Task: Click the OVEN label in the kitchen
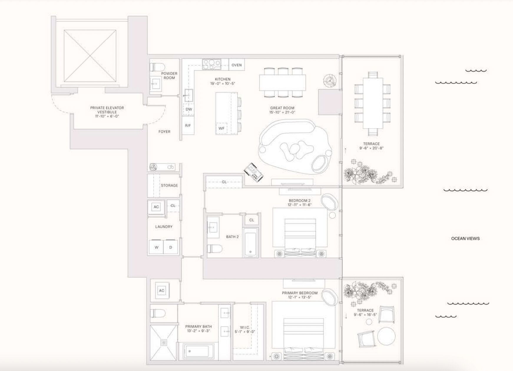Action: coord(236,65)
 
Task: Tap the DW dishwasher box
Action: coord(189,109)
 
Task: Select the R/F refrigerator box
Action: coord(188,125)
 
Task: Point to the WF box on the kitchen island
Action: coord(222,128)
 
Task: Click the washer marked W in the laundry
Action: coord(156,247)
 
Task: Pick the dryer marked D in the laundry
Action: coord(171,247)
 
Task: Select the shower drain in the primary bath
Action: coord(163,342)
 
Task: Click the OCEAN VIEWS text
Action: coord(465,238)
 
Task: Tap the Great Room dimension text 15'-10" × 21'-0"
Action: coord(282,112)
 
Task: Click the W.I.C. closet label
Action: coord(245,327)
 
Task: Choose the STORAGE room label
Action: coord(169,185)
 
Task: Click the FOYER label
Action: coord(164,132)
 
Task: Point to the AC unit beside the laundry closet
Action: coord(156,207)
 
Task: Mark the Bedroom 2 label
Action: coord(299,201)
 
